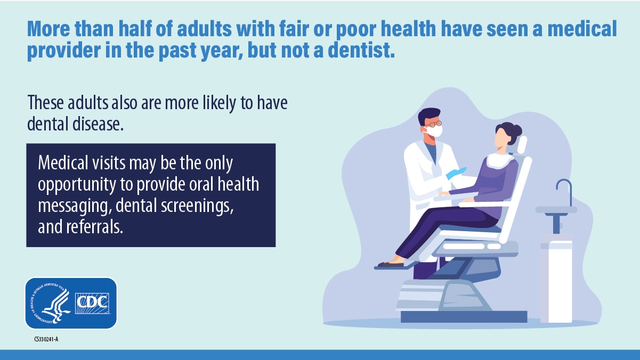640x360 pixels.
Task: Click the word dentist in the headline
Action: (x=361, y=50)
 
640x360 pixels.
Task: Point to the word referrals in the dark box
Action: (x=94, y=227)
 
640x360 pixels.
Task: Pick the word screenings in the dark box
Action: (x=197, y=206)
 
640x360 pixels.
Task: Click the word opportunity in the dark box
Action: (x=77, y=185)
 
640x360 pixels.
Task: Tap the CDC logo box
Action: (x=92, y=303)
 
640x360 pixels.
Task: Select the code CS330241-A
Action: (x=46, y=339)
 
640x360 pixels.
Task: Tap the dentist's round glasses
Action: (x=434, y=124)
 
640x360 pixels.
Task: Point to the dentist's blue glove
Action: (x=456, y=173)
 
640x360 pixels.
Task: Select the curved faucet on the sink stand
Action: (x=564, y=192)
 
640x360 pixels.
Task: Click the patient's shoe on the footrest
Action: (x=390, y=264)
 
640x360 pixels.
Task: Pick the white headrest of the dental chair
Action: (x=522, y=145)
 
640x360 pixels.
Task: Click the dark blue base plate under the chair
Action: (x=464, y=317)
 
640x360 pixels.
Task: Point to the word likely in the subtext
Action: (x=219, y=103)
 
